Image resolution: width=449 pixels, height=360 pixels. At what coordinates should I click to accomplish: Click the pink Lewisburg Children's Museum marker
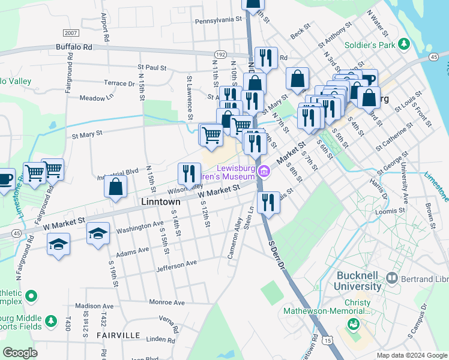[x=264, y=173]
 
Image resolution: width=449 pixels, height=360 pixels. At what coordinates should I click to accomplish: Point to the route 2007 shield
[x=71, y=33]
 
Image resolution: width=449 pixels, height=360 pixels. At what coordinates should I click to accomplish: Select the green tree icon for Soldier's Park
[x=405, y=44]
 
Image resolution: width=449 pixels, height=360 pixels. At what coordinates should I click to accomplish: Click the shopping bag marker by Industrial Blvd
[x=115, y=186]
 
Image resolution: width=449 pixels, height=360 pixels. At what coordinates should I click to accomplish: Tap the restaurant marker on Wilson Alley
[x=190, y=173]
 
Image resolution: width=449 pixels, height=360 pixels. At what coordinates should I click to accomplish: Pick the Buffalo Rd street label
[x=74, y=46]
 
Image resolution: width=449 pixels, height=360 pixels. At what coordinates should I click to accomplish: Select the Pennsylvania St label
[x=217, y=19]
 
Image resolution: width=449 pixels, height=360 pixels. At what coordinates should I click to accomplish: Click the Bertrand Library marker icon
[x=392, y=278]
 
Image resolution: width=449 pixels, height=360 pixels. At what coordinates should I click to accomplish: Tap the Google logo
[x=20, y=353]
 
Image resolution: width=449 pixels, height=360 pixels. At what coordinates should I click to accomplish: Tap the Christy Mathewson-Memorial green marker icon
[x=352, y=325]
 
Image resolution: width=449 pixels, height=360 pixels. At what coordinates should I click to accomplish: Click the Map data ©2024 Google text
[x=411, y=355]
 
